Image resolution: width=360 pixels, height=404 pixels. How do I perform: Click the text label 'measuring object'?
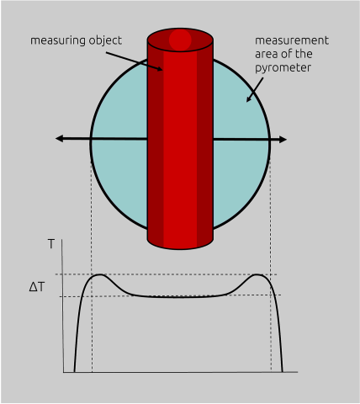pos(76,40)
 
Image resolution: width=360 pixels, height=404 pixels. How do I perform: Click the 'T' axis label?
pos(51,244)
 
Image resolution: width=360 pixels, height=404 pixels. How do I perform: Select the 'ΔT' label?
pos(37,286)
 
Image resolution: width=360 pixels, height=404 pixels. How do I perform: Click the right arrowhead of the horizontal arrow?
pos(282,139)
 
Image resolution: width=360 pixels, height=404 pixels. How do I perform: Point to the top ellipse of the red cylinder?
pos(180,40)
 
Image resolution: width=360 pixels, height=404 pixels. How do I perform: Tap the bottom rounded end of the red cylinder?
pos(180,242)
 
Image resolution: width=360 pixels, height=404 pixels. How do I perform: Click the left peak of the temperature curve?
pos(99,275)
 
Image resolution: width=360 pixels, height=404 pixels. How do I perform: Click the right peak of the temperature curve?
pos(260,275)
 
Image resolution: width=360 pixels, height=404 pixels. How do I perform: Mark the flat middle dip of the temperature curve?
pos(180,296)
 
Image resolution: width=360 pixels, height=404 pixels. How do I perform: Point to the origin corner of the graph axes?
pos(64,371)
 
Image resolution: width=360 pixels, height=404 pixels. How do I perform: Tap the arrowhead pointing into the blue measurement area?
pos(248,99)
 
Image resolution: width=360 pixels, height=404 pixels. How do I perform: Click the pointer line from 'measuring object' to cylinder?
pos(135,58)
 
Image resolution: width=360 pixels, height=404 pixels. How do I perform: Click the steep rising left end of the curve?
pos(77,337)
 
